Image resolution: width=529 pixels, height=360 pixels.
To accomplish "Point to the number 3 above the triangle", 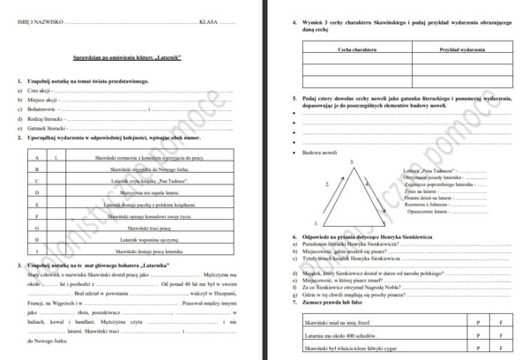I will click(x=351, y=161).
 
